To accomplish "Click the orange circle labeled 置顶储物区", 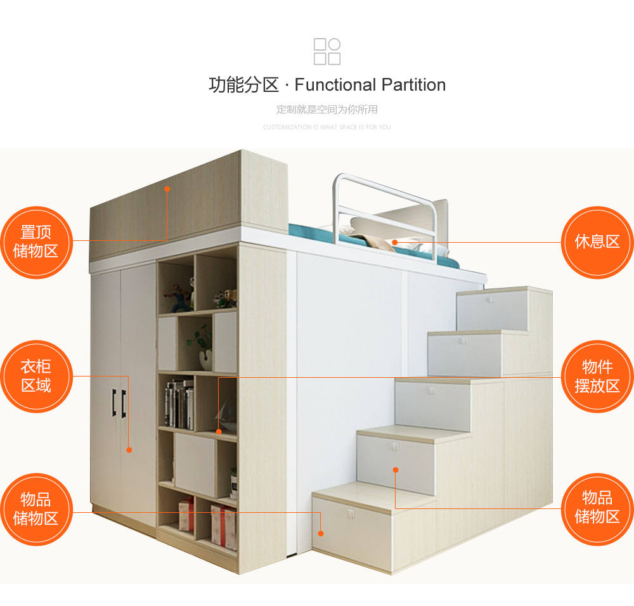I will [36, 242].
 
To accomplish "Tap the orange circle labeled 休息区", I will [597, 242].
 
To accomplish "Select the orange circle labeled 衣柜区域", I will [36, 376].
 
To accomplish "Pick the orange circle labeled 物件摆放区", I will [597, 376].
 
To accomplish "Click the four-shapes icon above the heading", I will [327, 51].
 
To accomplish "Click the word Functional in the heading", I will [335, 85].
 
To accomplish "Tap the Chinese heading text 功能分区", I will [243, 85].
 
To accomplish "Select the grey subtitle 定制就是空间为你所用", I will [327, 109].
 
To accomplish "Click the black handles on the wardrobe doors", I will [119, 403].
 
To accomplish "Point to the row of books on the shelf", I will [179, 404].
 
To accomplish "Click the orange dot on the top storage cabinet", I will [167, 188].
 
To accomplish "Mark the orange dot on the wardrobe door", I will [129, 450].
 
